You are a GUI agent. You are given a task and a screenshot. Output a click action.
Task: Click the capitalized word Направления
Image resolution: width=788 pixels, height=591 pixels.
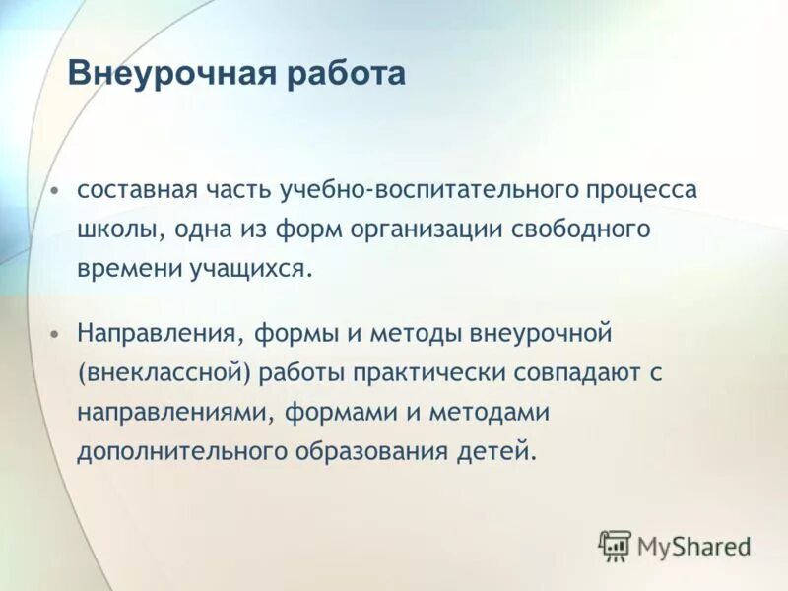[x=158, y=333]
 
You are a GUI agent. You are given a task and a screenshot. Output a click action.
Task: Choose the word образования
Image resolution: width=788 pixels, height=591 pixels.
[x=379, y=451]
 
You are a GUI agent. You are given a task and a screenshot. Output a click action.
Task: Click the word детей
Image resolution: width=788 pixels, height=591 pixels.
[x=505, y=451]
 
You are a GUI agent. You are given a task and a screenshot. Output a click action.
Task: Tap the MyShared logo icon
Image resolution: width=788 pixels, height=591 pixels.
[x=615, y=545]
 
